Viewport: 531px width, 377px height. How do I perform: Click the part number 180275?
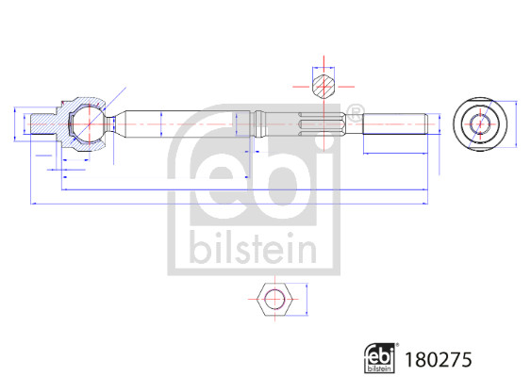[x=438, y=359]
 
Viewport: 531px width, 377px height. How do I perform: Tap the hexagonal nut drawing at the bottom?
[x=274, y=300]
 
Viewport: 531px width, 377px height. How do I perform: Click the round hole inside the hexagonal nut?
[x=274, y=300]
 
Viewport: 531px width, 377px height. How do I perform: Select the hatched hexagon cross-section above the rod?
[x=324, y=87]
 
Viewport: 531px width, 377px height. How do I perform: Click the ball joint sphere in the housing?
[x=89, y=124]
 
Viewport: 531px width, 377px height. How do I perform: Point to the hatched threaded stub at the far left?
[x=43, y=124]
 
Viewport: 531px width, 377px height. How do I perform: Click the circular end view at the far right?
[x=480, y=124]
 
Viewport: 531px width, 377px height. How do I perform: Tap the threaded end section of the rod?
[x=395, y=124]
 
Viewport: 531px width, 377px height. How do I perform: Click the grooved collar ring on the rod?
[x=259, y=124]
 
